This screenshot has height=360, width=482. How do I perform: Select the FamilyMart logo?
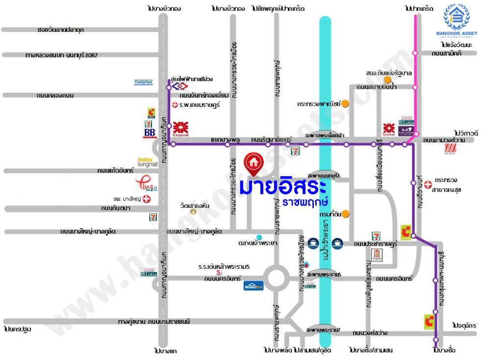pyautogui.click(x=144, y=82)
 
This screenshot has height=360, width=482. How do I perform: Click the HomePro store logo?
pyautogui.click(x=254, y=286)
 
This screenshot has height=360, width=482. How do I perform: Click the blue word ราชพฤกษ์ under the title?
pyautogui.click(x=301, y=202)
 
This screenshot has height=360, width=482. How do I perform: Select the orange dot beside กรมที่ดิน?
pyautogui.click(x=346, y=213)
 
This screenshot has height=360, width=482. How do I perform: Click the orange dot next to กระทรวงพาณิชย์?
pyautogui.click(x=345, y=103)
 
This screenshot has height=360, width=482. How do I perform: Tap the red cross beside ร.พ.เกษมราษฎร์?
pyautogui.click(x=175, y=105)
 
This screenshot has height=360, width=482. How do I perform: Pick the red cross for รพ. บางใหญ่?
pyautogui.click(x=146, y=199)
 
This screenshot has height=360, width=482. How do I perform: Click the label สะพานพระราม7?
pyautogui.click(x=323, y=329)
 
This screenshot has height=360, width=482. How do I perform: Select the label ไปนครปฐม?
pyautogui.click(x=17, y=329)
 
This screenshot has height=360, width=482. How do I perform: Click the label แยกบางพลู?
pyautogui.click(x=225, y=139)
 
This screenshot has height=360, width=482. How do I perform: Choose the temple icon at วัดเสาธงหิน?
pyautogui.click(x=193, y=212)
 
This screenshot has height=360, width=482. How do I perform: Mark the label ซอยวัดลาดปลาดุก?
pyautogui.click(x=61, y=30)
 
